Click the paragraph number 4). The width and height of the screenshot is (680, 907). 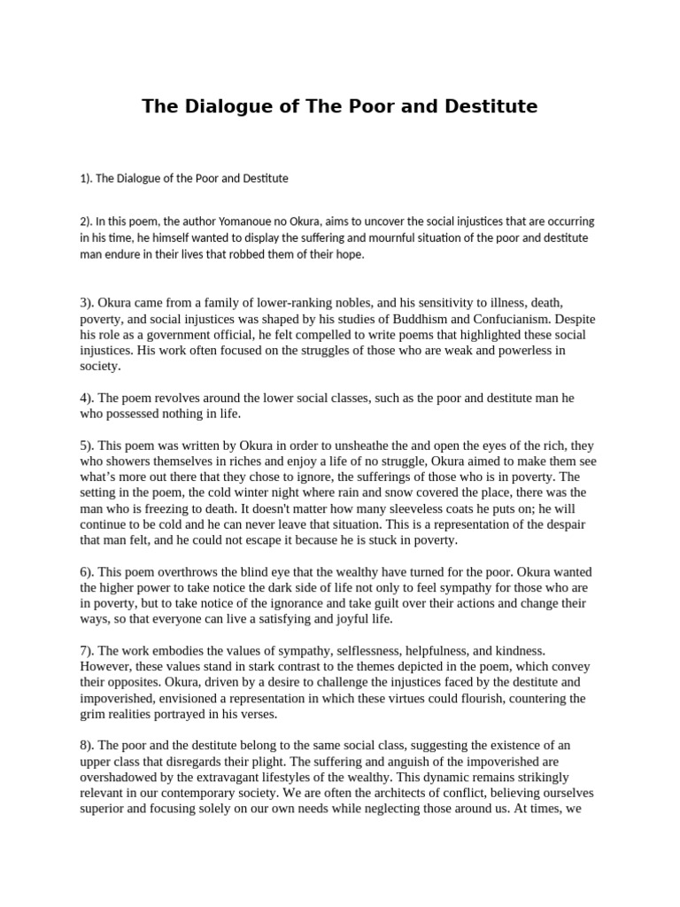tap(89, 398)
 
